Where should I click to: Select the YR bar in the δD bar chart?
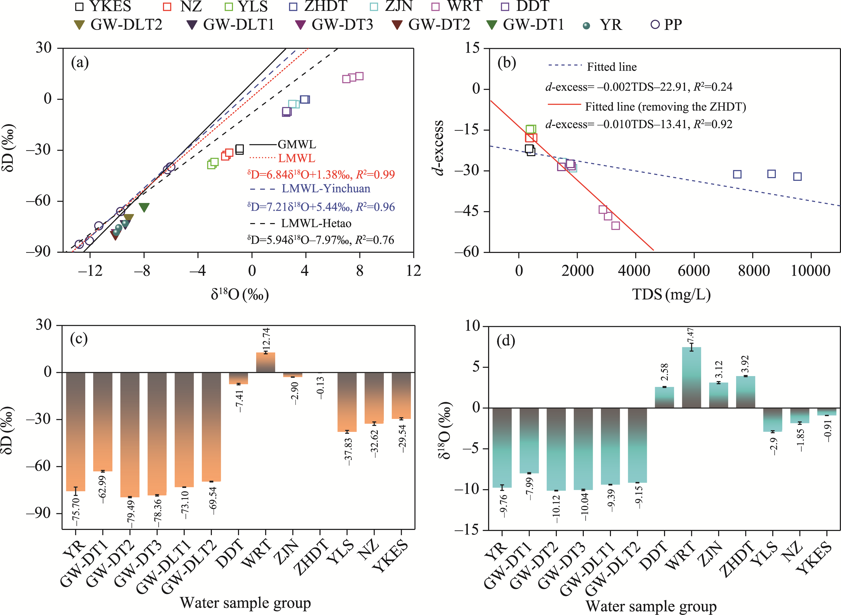[76, 432]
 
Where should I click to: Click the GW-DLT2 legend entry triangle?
[79, 25]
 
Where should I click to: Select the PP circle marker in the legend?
[655, 25]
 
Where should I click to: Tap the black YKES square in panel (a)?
[240, 149]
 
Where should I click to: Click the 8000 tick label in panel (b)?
[753, 271]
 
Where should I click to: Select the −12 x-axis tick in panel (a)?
[90, 271]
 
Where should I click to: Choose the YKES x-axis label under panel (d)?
[815, 557]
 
